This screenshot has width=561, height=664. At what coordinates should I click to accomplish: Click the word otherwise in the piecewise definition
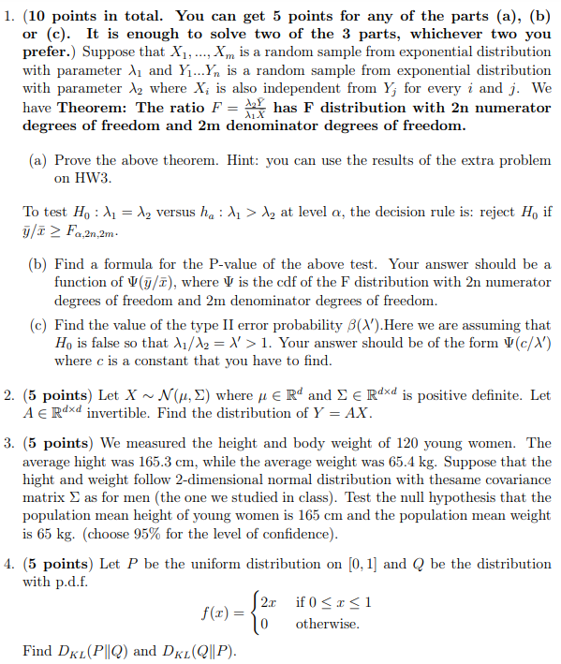tap(327, 625)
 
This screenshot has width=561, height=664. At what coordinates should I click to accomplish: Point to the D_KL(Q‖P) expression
tap(205, 651)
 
